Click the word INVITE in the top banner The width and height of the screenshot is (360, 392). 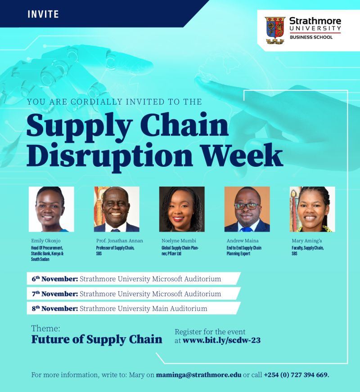[x=43, y=14]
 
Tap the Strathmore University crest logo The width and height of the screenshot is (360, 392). [x=275, y=31]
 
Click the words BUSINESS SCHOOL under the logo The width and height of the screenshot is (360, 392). [x=311, y=37]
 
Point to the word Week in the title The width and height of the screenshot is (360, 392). [x=242, y=155]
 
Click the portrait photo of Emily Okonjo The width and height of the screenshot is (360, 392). [x=51, y=209]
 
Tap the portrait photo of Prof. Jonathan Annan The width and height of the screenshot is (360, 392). [x=117, y=209]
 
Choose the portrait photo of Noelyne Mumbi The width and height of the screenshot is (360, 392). [x=182, y=209]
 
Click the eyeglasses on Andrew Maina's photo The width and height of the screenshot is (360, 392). [x=247, y=206]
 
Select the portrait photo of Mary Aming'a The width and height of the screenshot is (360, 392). [x=312, y=209]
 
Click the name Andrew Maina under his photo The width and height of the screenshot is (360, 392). [x=243, y=241]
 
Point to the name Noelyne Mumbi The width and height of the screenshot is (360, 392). [x=179, y=241]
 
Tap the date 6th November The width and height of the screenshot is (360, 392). [x=55, y=279]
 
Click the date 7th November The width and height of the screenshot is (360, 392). [x=55, y=294]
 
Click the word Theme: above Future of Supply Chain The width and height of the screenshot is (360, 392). [x=46, y=328]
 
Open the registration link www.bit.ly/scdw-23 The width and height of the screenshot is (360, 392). [x=221, y=340]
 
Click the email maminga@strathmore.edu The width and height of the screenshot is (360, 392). [x=198, y=375]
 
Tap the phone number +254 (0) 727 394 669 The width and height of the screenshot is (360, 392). [x=296, y=375]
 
